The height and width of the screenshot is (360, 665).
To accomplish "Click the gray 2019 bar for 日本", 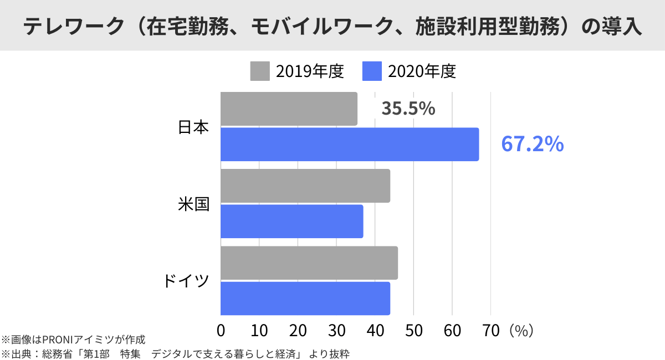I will click(289, 109).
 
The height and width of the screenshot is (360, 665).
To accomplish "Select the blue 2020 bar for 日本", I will click(350, 145).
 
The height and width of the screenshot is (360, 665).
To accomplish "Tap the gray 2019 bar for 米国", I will click(305, 186).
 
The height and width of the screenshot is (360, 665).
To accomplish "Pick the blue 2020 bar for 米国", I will click(291, 222).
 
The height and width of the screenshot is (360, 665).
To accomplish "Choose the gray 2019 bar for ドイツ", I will click(309, 263).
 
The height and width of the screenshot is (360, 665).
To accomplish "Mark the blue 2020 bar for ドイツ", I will click(305, 299).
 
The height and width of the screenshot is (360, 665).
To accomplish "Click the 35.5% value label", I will click(408, 109).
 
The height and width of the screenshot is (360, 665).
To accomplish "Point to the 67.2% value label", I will click(532, 144).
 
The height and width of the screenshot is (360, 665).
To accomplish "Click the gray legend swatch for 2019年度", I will click(260, 71).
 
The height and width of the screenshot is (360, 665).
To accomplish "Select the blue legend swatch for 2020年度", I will click(372, 71).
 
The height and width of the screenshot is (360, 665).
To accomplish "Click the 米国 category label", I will click(193, 204).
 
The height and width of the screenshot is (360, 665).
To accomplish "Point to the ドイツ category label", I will click(186, 281).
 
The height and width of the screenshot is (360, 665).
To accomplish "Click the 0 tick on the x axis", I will click(221, 331).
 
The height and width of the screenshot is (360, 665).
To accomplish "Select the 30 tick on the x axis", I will click(337, 331).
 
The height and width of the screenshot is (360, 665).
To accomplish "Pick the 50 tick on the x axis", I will click(414, 331).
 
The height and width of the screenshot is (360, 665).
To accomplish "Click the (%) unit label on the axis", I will click(520, 331).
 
